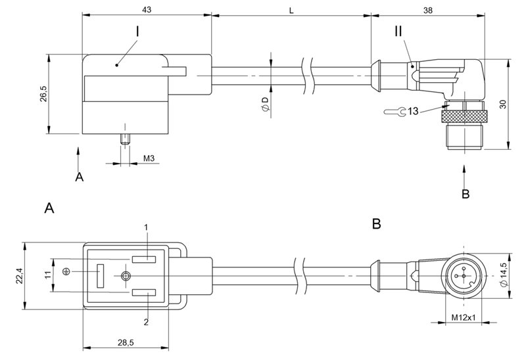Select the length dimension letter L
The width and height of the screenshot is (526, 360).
[x=290, y=10]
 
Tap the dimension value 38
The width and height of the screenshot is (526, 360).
[x=426, y=10]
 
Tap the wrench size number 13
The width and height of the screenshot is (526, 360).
[x=413, y=112]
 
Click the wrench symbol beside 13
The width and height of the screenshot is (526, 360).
[x=393, y=112]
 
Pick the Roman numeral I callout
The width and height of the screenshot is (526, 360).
[x=137, y=31]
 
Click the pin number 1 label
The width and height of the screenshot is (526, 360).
[x=147, y=227]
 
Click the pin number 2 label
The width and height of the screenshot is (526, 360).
[x=147, y=321]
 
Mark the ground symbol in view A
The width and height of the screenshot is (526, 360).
[x=65, y=272]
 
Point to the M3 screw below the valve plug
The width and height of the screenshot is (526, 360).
[x=126, y=139]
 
